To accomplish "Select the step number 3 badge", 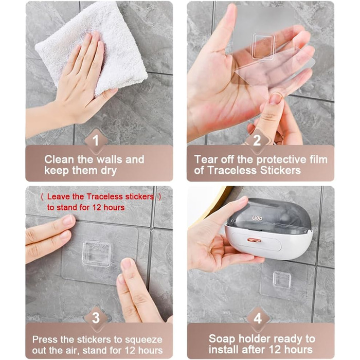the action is tap(96, 318).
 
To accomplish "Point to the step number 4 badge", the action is tap(258, 318).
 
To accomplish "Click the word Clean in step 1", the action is tap(59, 159).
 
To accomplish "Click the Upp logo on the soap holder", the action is tap(257, 218).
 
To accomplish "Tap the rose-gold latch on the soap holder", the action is tap(254, 240).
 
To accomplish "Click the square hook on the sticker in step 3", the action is tap(97, 254).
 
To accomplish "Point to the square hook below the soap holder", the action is tap(282, 280).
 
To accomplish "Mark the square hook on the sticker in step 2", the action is tap(263, 46).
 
